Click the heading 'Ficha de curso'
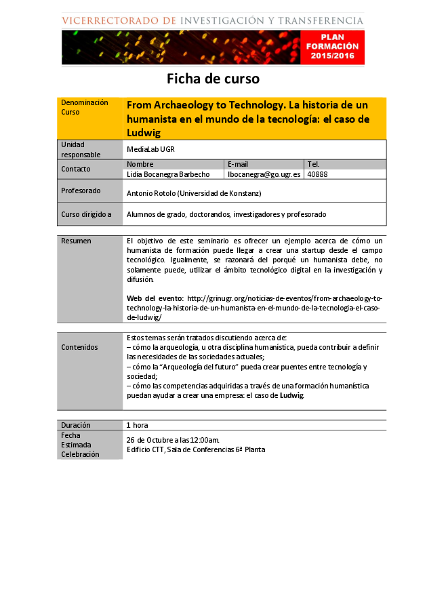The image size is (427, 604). click(x=213, y=79)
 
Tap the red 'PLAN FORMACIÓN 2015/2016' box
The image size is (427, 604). click(x=329, y=47)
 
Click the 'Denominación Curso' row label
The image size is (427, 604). click(x=85, y=107)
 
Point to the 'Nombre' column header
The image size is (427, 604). click(x=140, y=164)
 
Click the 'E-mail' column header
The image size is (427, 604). click(x=238, y=164)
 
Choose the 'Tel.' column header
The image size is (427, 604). click(x=313, y=164)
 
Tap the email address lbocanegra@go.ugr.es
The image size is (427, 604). click(x=264, y=174)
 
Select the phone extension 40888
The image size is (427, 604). click(x=317, y=174)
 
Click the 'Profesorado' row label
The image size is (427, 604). click(x=81, y=190)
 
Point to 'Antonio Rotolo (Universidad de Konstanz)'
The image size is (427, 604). click(x=194, y=193)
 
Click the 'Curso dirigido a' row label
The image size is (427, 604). click(x=86, y=214)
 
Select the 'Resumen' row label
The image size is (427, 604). click(x=76, y=241)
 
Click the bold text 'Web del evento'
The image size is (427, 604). click(x=155, y=298)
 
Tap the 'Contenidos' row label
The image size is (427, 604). click(x=79, y=347)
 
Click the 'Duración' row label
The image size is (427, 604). click(x=76, y=425)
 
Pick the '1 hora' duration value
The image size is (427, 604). click(x=137, y=425)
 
